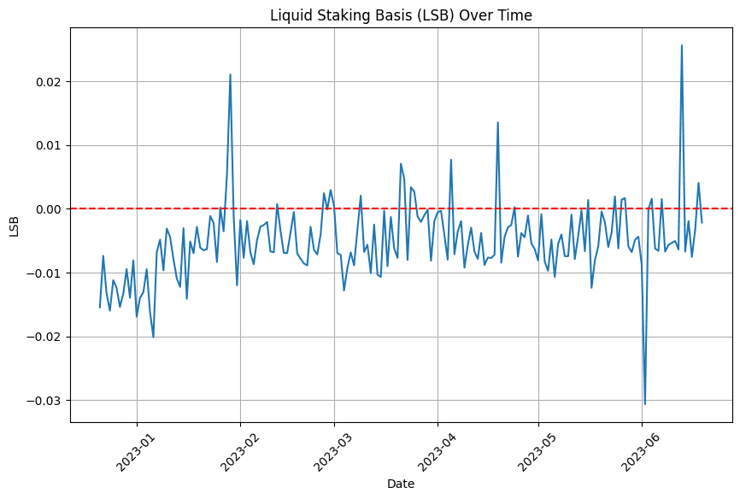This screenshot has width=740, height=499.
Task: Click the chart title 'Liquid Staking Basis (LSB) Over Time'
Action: (x=401, y=15)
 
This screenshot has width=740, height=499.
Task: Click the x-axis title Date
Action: (x=401, y=484)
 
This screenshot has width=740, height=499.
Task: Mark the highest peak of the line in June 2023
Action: (x=681, y=46)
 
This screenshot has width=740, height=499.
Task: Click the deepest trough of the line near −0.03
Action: (x=645, y=403)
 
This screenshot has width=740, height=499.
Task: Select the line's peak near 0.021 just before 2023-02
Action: (x=230, y=75)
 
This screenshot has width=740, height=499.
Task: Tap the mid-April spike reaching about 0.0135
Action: (x=497, y=123)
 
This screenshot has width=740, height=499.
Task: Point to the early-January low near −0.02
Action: (x=153, y=337)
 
